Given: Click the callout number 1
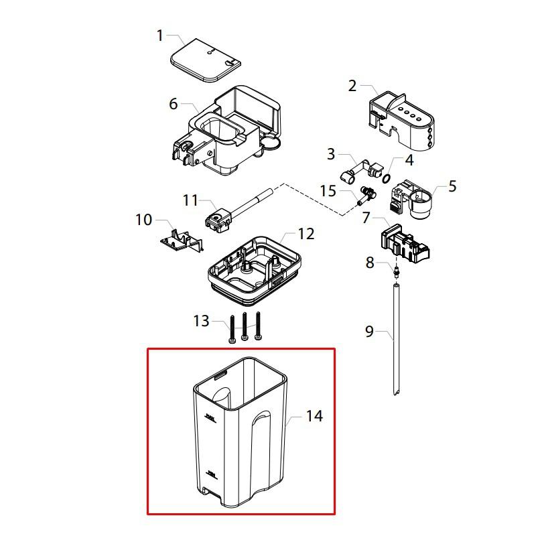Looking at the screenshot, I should click(x=160, y=35).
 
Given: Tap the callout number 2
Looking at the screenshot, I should click(x=352, y=86).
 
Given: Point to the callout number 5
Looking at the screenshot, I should click(x=452, y=186).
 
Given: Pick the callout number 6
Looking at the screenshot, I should click(x=174, y=104).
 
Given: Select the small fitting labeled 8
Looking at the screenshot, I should click(x=396, y=271).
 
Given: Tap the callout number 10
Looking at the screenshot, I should click(x=144, y=219).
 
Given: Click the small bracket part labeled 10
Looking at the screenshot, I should click(x=180, y=240).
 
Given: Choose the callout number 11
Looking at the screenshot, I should click(x=191, y=200).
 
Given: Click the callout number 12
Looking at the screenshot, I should click(x=306, y=234).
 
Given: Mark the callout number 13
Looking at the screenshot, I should click(x=201, y=321).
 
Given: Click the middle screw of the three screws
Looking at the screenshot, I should click(x=245, y=328).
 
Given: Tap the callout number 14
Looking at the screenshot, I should click(x=314, y=416).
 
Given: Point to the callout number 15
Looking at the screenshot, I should click(x=328, y=192).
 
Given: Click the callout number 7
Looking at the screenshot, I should click(x=366, y=218).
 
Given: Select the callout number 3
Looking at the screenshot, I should click(x=330, y=155).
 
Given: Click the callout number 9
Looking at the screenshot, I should click(x=369, y=332).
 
